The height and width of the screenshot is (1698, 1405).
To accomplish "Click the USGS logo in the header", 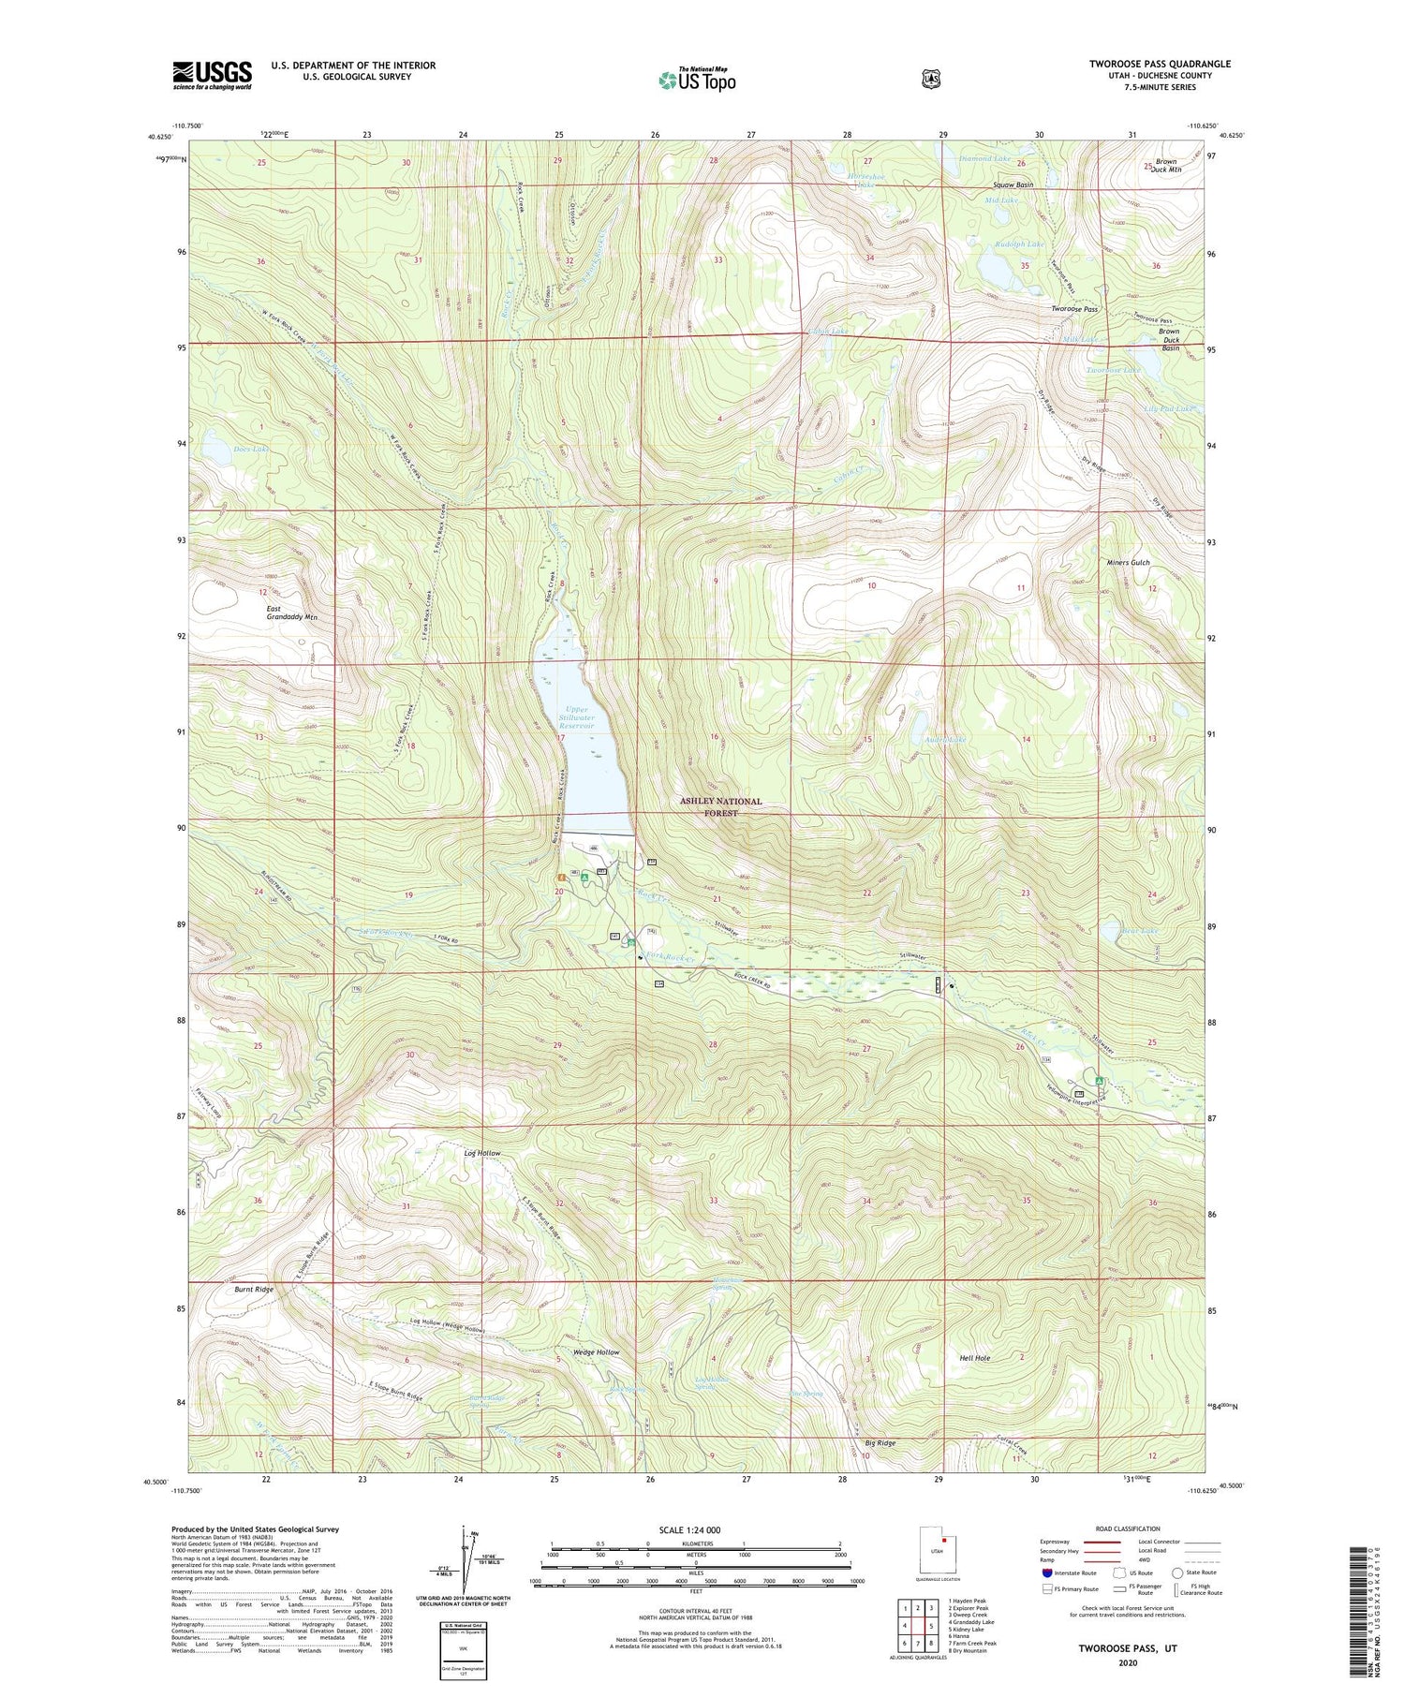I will click(212, 75).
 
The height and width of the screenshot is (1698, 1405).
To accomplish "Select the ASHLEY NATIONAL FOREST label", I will click(720, 807).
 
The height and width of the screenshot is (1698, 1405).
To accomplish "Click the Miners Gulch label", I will click(1126, 563).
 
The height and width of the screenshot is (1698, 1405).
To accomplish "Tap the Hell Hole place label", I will click(974, 1357).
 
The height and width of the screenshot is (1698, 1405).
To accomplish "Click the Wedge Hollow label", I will click(596, 1352).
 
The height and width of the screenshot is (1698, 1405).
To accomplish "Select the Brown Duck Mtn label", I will click(1166, 167).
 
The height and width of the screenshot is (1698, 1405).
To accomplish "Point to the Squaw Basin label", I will click(1013, 185).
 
